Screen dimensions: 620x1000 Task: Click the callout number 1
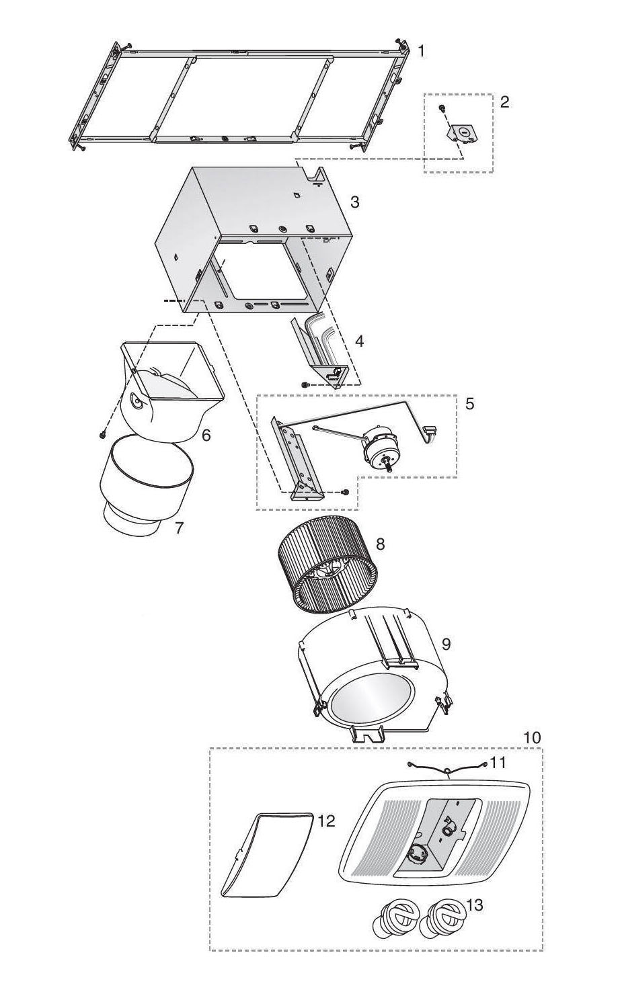(x=421, y=51)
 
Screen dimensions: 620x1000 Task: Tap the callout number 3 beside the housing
(x=354, y=202)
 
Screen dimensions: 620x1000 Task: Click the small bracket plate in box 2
(x=463, y=134)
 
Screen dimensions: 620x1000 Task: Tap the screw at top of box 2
(x=441, y=108)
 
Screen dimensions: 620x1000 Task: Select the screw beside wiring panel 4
(x=305, y=384)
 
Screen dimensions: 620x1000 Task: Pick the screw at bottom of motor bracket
(x=345, y=492)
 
